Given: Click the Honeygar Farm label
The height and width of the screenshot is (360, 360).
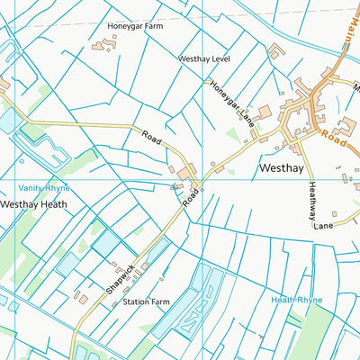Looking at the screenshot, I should pyautogui.click(x=135, y=27).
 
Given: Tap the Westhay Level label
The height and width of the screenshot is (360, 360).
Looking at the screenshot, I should pyautogui.click(x=206, y=59).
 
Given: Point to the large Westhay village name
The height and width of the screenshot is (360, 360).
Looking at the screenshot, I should pyautogui.click(x=283, y=167).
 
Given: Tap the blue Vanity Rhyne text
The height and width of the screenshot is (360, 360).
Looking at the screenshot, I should pyautogui.click(x=42, y=187).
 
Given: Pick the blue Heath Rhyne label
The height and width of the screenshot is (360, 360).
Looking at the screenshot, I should pyautogui.click(x=296, y=299).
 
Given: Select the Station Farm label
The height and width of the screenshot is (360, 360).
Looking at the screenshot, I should pyautogui.click(x=146, y=302).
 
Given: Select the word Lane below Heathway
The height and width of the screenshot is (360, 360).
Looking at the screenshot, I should pyautogui.click(x=324, y=225).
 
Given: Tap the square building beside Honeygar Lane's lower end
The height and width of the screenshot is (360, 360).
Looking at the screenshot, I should pyautogui.click(x=265, y=112).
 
